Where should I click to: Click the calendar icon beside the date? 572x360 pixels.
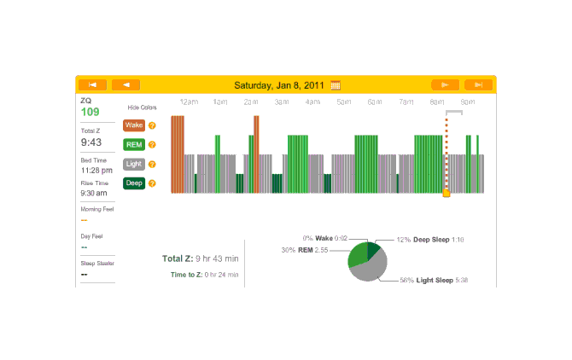pos(336,84)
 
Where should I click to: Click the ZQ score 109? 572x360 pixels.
pos(90,112)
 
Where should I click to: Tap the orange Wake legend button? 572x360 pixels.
pos(134,125)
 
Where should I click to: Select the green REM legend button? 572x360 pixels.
pos(134,144)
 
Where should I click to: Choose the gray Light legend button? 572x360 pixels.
pos(134,164)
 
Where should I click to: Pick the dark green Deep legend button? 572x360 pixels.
pos(134,183)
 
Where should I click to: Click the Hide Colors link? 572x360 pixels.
pos(143,107)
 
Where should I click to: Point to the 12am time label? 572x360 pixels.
pos(189,102)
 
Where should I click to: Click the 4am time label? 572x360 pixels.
pos(312,102)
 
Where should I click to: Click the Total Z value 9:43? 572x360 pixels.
pos(92,143)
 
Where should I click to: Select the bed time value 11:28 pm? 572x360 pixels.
pos(96,170)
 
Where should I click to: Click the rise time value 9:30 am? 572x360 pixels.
pos(96,193)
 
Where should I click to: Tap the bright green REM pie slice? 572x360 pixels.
pos(357,255)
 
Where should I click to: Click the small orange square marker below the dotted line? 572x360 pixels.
pos(446,194)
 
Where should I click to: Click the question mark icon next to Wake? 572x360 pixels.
pos(152,125)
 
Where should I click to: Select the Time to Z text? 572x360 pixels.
pos(205,275)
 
